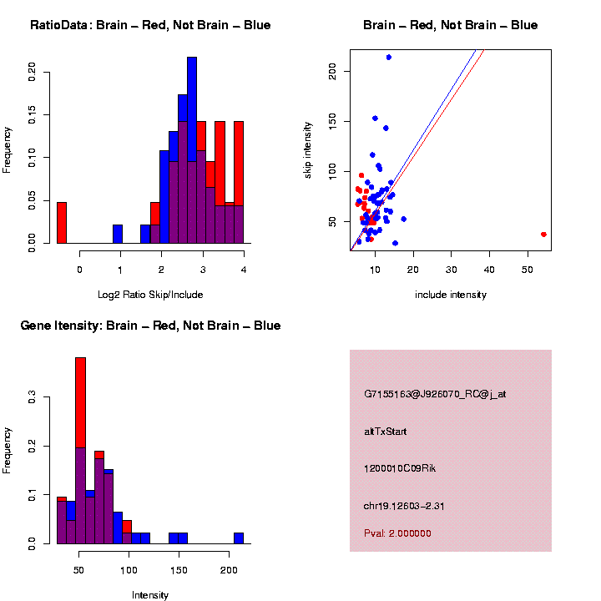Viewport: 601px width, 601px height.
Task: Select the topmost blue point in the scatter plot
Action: [x=389, y=58]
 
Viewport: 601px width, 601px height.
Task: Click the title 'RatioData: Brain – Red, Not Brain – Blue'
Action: [x=150, y=26]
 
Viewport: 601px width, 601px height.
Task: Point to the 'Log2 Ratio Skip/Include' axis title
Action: [x=150, y=295]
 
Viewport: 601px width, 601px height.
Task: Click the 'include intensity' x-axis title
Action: [x=450, y=295]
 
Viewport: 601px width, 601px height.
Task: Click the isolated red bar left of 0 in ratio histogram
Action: [x=62, y=222]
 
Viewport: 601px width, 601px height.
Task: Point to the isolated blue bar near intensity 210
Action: [x=239, y=538]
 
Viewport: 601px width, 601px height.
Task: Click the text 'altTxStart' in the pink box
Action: [x=386, y=432]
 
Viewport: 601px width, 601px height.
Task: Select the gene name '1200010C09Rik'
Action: [x=400, y=468]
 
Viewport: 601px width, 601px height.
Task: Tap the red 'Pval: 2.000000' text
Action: [x=397, y=533]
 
